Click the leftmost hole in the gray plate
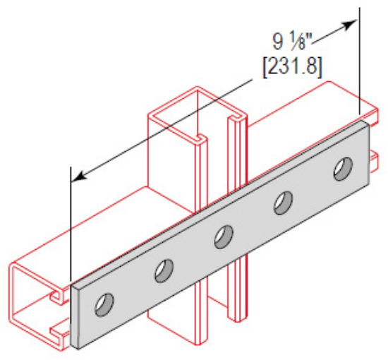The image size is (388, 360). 104,303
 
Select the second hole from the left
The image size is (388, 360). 164,269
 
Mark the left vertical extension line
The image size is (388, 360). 71,226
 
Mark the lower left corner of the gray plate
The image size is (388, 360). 75,347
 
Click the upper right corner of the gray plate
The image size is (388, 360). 367,121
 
